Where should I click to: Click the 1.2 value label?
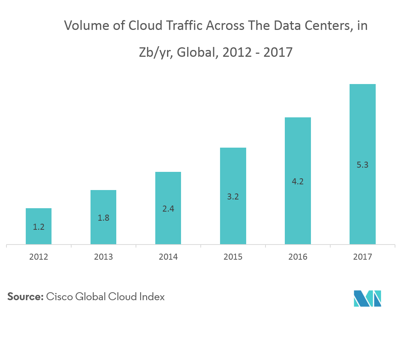pos(39,227)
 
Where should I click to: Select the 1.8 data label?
pos(103,218)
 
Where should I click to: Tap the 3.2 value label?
pos(233,197)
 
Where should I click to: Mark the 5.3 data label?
pos(362,165)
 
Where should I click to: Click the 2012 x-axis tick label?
pos(39,257)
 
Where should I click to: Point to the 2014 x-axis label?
pos(168,257)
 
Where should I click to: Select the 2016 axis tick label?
pos(298,257)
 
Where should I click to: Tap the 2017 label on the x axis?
pos(362,257)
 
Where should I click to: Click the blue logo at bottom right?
pos(367,298)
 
